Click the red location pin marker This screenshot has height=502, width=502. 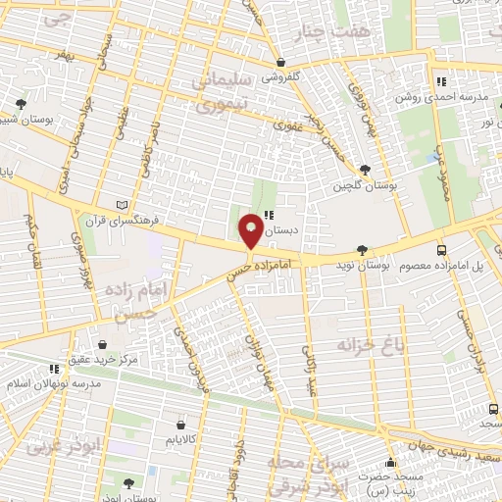[251, 230]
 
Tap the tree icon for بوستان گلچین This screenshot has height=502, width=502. [366, 169]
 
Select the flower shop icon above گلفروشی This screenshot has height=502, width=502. [280, 61]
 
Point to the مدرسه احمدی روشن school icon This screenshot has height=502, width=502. [442, 81]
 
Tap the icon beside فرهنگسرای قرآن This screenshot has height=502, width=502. [122, 203]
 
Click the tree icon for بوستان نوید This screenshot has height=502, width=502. [364, 249]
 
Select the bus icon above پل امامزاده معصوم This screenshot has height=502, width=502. [442, 249]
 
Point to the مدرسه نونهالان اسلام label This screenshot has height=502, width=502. [53, 383]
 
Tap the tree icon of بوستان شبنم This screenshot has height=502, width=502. [21, 102]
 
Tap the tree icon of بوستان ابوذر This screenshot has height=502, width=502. [129, 481]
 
